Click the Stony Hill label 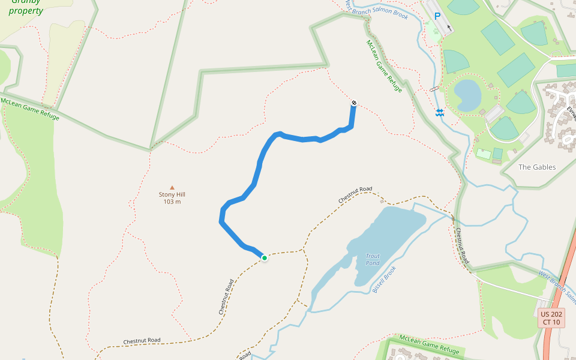[x=172, y=194]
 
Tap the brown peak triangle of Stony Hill [x=172, y=188]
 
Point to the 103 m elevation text [x=172, y=202]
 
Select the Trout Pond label [x=373, y=260]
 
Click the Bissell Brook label [x=384, y=280]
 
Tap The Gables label [x=537, y=167]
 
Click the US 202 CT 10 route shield [x=551, y=318]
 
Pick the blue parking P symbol [x=437, y=17]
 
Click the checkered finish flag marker [x=354, y=103]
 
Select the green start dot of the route [x=264, y=258]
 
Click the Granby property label [x=26, y=6]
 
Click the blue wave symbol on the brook [x=440, y=113]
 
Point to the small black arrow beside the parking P [x=449, y=28]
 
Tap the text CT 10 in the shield [x=551, y=322]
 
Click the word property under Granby [x=26, y=11]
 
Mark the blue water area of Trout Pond [x=390, y=234]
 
